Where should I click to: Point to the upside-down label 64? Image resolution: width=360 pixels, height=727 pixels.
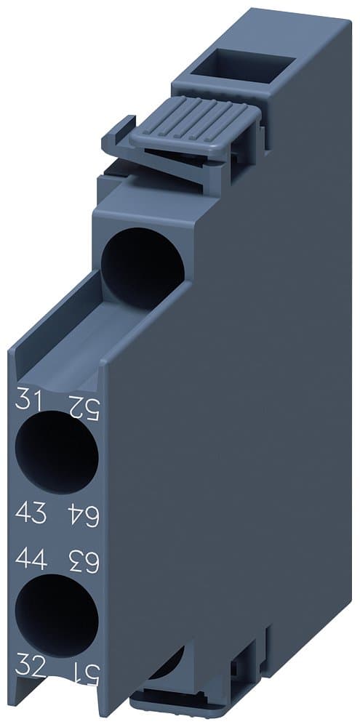coord(82,516)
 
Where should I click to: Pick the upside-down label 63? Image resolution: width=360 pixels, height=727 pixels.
coord(82,561)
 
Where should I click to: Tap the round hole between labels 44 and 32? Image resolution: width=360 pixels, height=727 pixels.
coord(56,613)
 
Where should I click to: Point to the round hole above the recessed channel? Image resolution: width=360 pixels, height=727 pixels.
coord(142,262)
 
